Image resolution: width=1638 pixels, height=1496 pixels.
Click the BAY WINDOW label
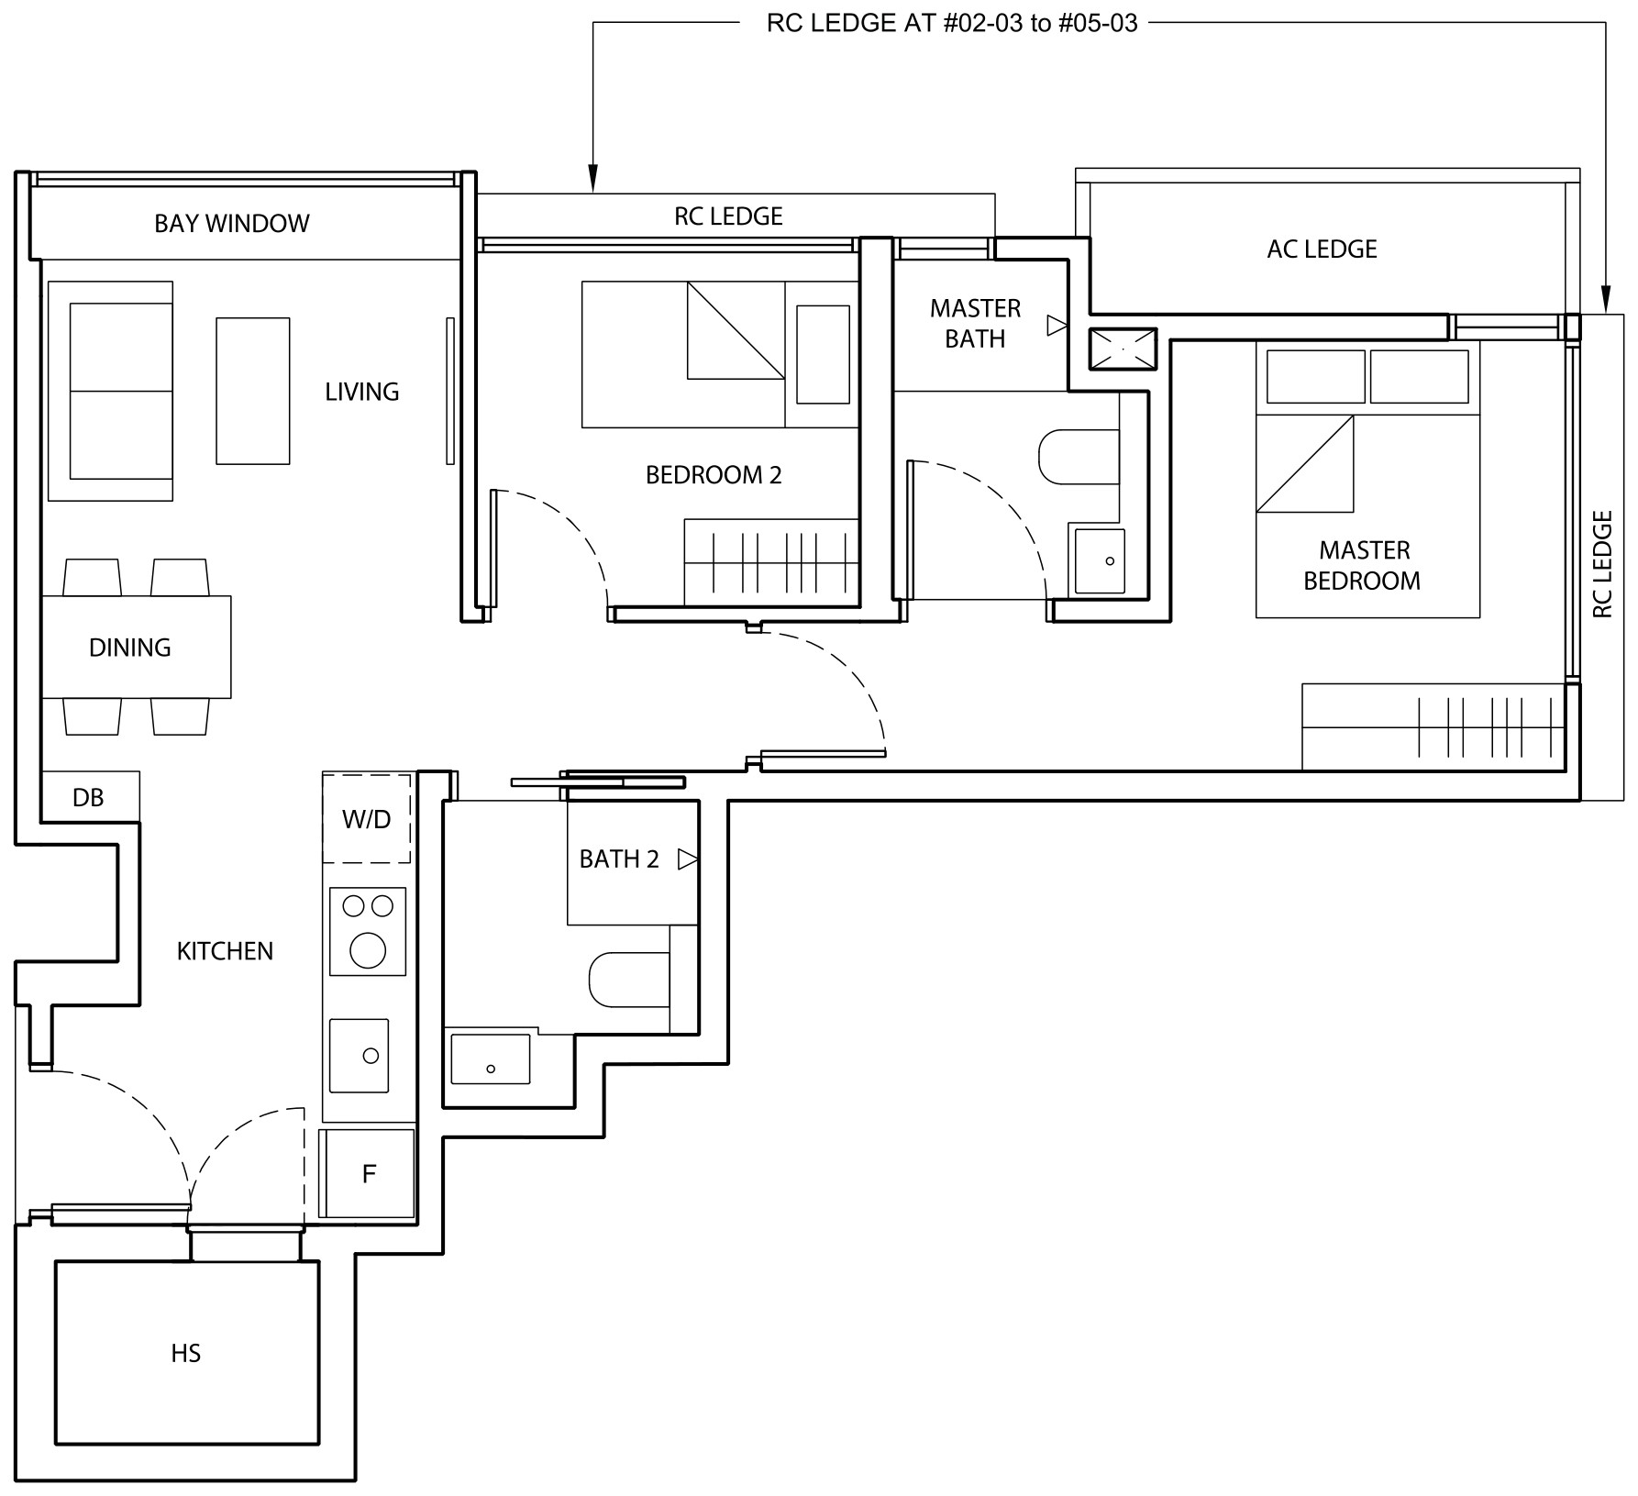click(231, 223)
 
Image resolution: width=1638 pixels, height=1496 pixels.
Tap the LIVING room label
click(362, 392)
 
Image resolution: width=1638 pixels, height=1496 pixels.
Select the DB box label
click(88, 798)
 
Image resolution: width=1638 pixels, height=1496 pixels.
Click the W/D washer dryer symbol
click(367, 818)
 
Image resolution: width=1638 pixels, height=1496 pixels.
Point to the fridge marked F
click(367, 1173)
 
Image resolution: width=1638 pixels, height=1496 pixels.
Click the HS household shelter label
click(186, 1353)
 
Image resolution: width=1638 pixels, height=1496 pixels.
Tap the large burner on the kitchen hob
click(368, 949)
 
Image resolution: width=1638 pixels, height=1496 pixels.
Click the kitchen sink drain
click(371, 1056)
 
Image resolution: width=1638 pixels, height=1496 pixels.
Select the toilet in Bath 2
click(630, 979)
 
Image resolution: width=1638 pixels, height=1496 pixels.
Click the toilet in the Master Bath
click(1079, 456)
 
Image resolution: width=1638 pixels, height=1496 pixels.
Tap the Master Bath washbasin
click(1100, 560)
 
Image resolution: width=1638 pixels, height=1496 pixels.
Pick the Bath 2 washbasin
click(491, 1059)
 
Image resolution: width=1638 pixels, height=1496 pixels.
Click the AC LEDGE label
click(1322, 249)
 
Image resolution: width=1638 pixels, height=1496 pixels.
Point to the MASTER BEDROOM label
click(1363, 565)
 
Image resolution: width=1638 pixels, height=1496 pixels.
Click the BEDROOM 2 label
click(714, 475)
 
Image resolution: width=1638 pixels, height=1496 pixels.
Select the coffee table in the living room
click(253, 391)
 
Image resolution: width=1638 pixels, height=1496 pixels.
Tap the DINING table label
click(130, 648)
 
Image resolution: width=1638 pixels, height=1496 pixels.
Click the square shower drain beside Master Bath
click(1123, 349)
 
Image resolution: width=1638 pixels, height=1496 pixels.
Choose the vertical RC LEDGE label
click(1602, 564)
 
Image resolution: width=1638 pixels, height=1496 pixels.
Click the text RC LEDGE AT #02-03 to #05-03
click(952, 23)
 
